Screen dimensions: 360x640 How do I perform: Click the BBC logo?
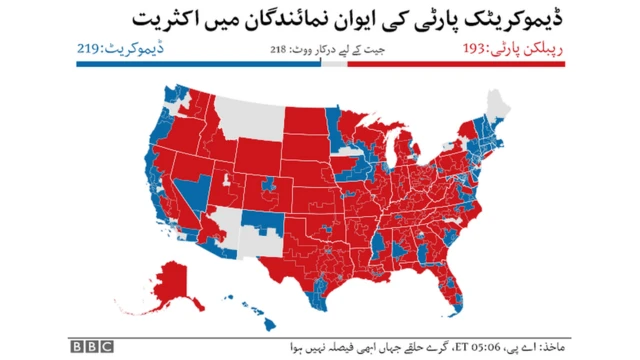point(91,345)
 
